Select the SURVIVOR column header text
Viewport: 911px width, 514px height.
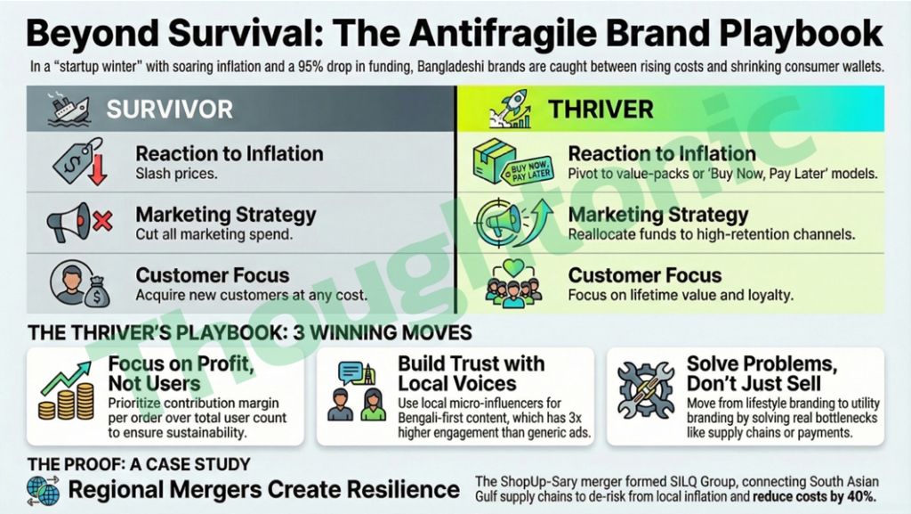(x=169, y=110)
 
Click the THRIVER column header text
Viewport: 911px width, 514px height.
(x=601, y=110)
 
